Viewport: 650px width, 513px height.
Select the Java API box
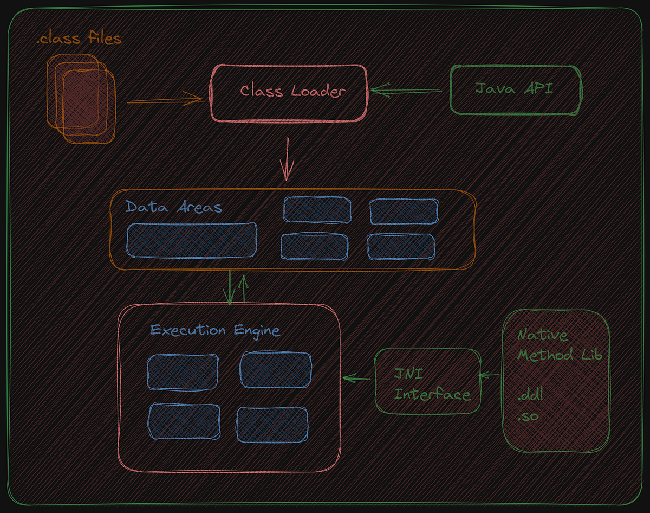point(515,89)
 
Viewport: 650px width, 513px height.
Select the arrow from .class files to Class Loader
point(165,99)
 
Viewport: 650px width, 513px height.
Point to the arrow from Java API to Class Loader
point(406,91)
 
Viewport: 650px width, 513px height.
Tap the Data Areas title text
point(173,207)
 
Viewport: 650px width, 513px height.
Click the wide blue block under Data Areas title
point(191,240)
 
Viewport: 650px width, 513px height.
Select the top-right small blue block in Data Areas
point(404,211)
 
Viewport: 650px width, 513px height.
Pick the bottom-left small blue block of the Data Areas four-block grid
point(314,247)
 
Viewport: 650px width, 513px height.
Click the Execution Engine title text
point(215,330)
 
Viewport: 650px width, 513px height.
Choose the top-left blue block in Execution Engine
point(183,373)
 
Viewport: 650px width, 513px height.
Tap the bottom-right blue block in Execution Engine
point(272,423)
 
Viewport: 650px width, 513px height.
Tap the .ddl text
point(530,394)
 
